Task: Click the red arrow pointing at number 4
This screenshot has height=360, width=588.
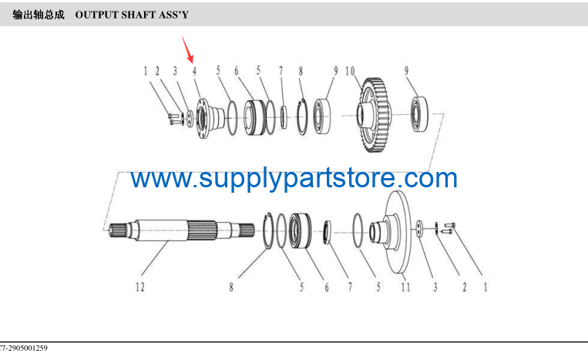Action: click(187, 49)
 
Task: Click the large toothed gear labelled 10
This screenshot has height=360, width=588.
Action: click(374, 115)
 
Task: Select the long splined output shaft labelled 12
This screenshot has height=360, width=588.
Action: click(182, 230)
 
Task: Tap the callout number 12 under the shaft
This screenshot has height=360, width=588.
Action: click(140, 288)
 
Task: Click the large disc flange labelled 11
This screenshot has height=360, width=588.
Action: click(394, 233)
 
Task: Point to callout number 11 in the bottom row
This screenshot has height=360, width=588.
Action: click(405, 288)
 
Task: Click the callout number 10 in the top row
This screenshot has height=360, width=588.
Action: click(350, 71)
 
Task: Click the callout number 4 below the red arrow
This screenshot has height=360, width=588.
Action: click(194, 71)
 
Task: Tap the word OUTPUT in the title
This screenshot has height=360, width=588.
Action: click(96, 15)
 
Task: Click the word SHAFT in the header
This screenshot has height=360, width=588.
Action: click(138, 15)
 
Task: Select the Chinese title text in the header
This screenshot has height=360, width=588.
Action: click(39, 15)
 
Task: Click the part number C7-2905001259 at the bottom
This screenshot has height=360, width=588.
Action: click(23, 348)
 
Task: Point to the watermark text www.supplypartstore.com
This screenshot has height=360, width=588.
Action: click(294, 178)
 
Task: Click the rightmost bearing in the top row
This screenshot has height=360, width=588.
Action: click(420, 114)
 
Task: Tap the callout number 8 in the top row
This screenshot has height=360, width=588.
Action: click(301, 71)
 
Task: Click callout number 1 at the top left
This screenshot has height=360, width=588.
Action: click(146, 71)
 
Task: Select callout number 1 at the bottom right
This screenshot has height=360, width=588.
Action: click(486, 288)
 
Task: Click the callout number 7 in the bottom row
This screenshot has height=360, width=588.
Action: click(350, 288)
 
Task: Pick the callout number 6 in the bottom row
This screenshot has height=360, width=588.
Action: click(327, 288)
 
